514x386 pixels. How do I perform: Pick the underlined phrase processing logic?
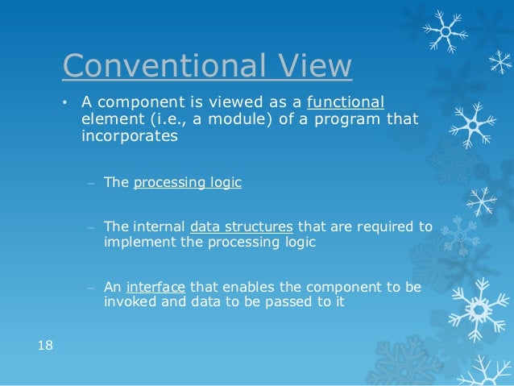[187, 182]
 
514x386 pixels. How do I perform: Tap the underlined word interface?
[156, 287]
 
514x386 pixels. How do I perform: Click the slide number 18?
[45, 346]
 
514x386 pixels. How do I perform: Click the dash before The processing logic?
[92, 183]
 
